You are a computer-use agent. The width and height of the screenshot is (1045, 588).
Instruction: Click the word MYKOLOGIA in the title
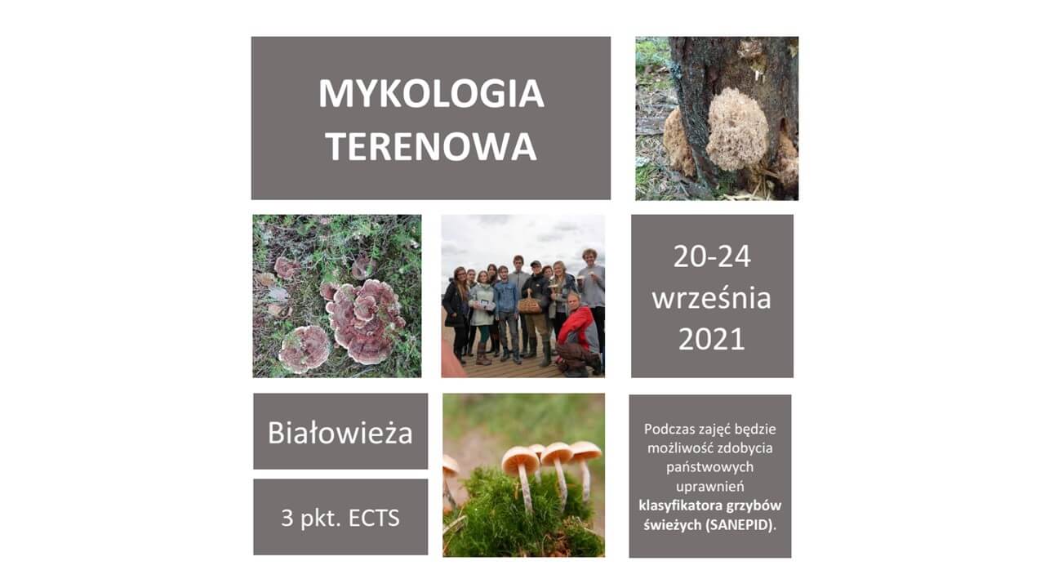click(x=431, y=94)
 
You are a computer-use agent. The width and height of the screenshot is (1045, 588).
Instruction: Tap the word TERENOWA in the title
click(x=431, y=146)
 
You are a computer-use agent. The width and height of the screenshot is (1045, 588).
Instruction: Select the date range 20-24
click(x=712, y=256)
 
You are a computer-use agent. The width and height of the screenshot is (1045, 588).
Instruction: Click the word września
click(x=711, y=298)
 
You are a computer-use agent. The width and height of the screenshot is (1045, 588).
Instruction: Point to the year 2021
click(x=711, y=339)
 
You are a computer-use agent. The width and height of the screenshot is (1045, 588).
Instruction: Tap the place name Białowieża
click(x=340, y=433)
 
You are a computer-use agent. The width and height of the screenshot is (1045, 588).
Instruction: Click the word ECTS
click(x=374, y=518)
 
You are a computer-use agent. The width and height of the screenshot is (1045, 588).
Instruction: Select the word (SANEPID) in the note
click(x=740, y=525)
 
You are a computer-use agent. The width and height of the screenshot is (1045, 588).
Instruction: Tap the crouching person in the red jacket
click(x=578, y=335)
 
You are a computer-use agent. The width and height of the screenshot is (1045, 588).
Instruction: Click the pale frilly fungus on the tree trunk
click(x=737, y=128)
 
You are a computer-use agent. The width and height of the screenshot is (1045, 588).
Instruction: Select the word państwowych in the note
click(x=709, y=467)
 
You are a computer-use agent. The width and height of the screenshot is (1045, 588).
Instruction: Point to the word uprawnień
click(x=709, y=487)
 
